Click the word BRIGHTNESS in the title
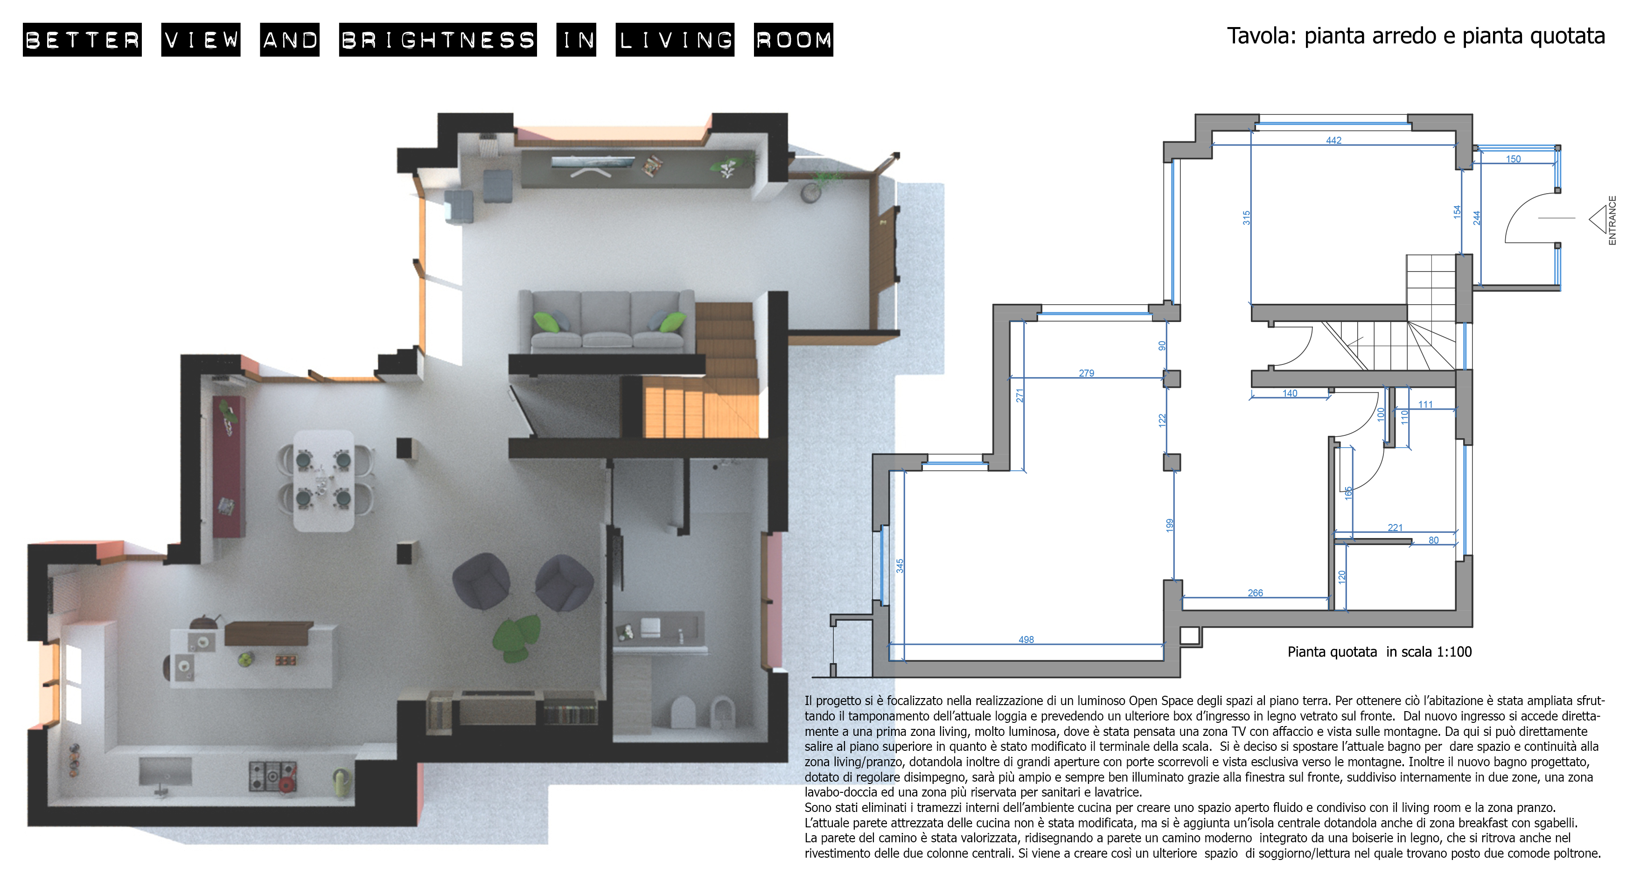[438, 40]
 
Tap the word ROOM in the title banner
[793, 40]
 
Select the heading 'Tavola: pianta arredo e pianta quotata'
[1416, 36]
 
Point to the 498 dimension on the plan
[1026, 640]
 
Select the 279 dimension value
[1086, 373]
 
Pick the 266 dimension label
[1255, 593]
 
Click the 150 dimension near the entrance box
[1513, 159]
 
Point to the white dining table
[323, 480]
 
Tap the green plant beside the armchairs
[516, 637]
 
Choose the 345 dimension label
[900, 566]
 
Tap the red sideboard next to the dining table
[228, 466]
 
